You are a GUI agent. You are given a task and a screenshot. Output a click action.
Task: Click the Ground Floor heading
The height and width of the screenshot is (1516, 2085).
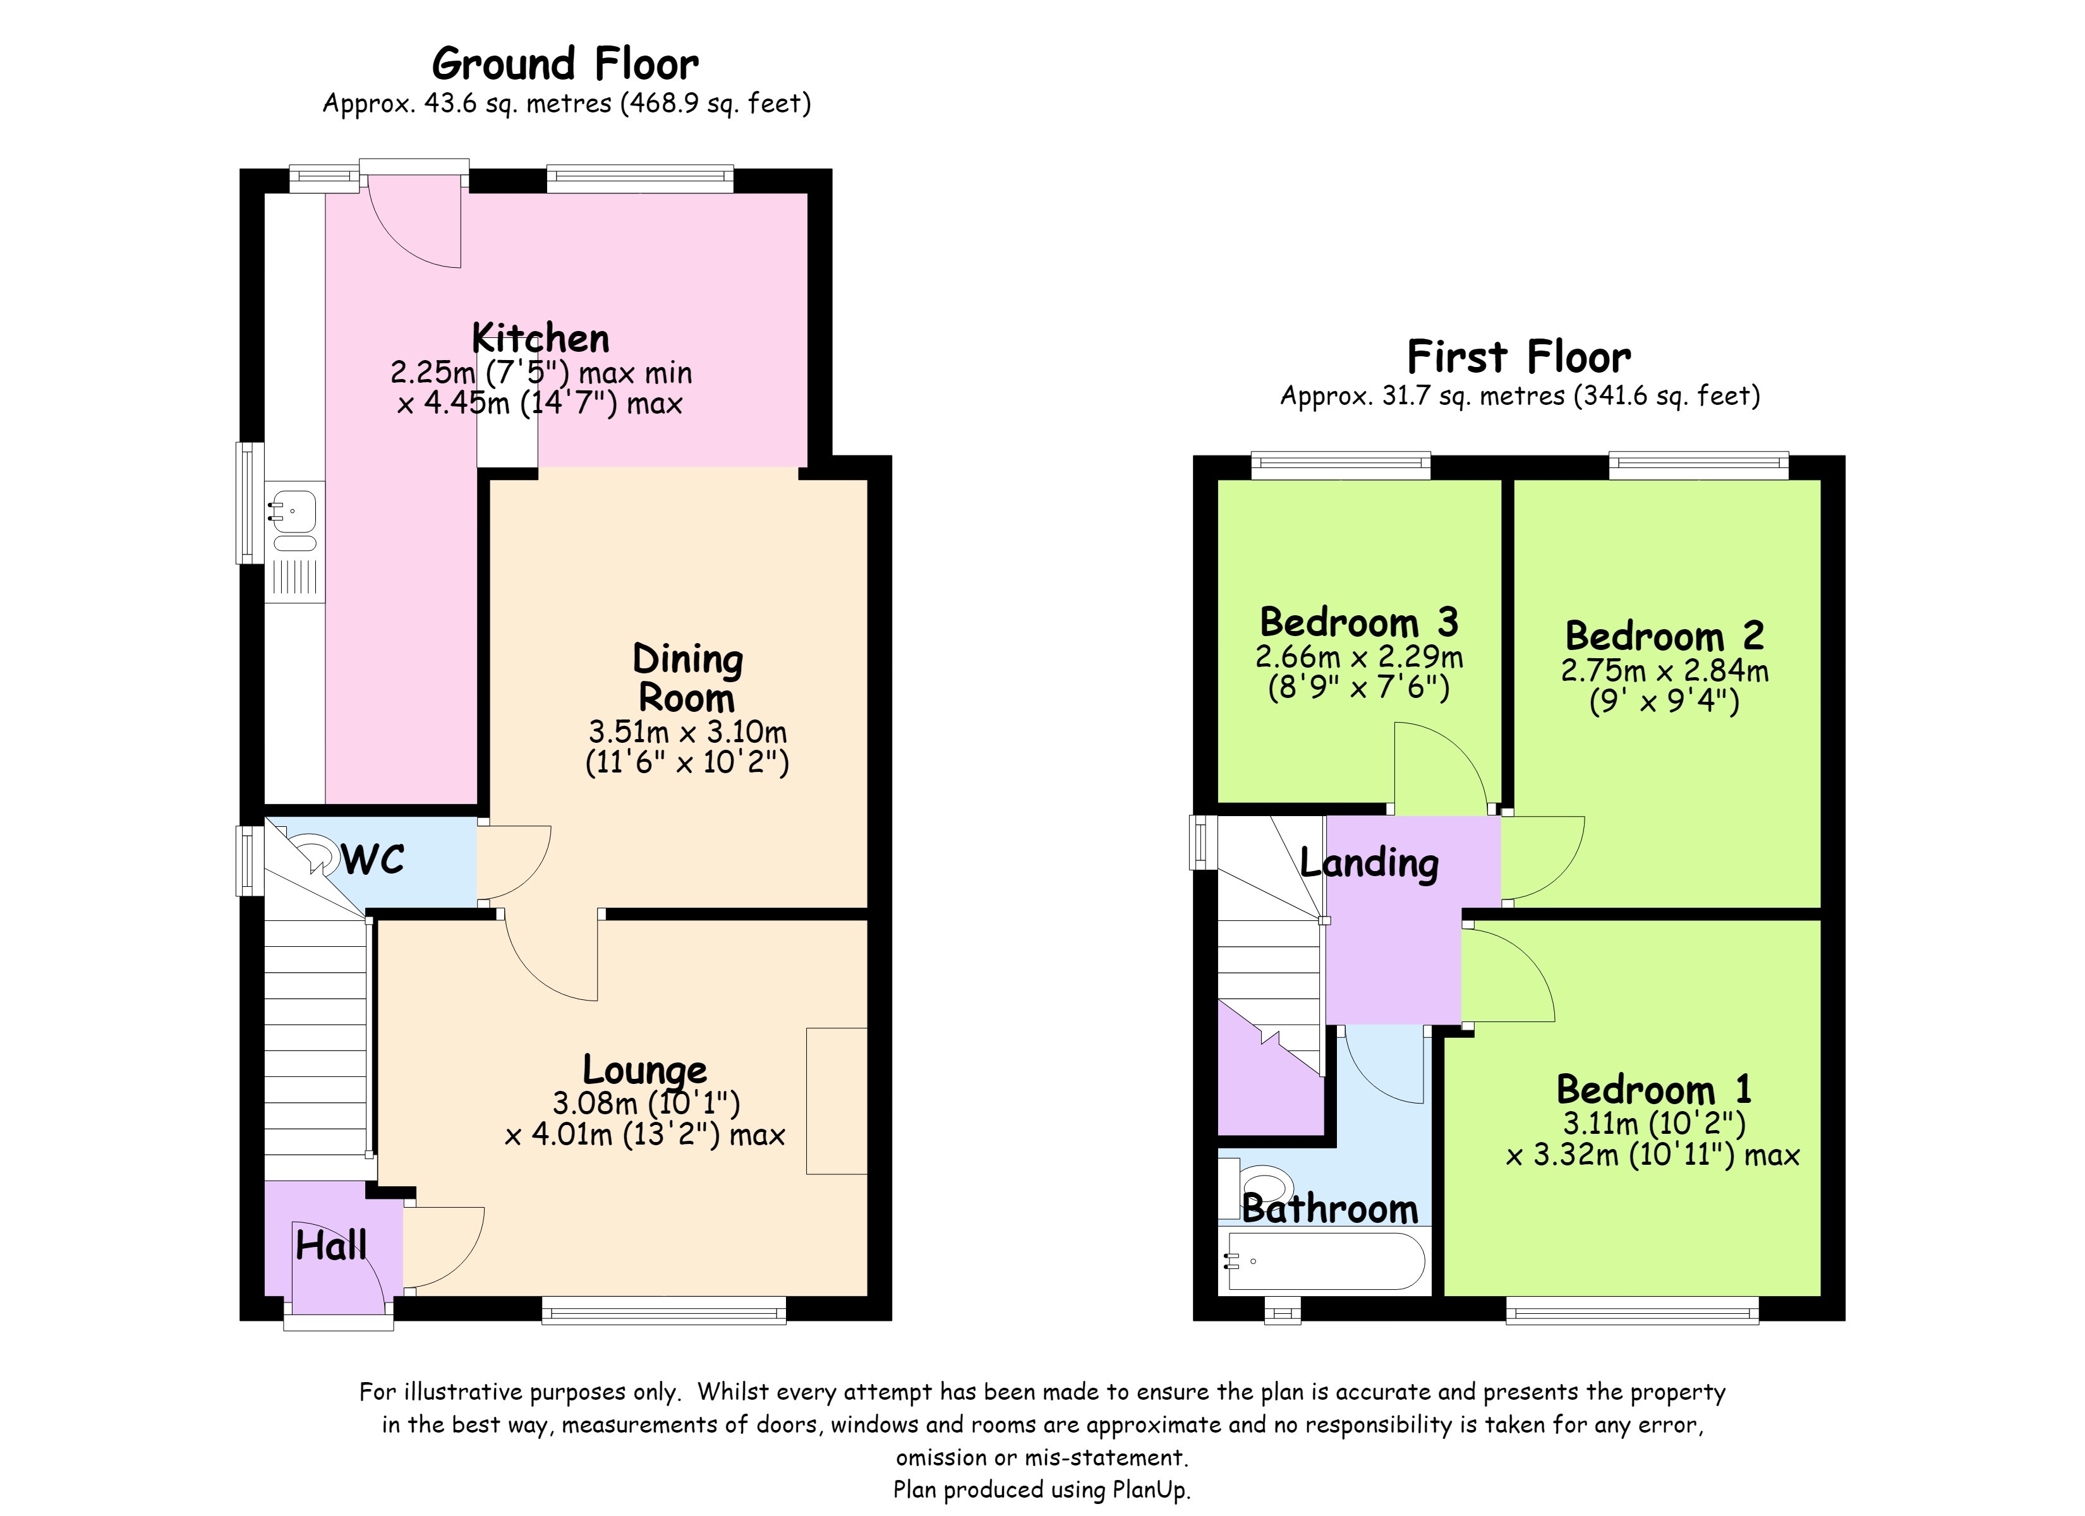coord(565,64)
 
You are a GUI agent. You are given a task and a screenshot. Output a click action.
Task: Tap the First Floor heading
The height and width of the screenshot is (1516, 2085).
coord(1519,357)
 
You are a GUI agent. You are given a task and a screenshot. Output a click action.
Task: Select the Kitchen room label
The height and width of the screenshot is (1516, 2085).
coord(541,339)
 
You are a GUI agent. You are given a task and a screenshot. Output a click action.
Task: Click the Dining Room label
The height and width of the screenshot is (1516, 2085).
coord(687,678)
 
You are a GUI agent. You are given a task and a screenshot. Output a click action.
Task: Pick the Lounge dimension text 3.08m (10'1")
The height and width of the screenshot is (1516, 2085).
coord(646,1102)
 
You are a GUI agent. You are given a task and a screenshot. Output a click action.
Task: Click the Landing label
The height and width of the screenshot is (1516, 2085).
coord(1370,863)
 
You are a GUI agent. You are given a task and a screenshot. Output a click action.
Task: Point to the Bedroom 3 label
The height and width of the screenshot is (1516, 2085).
coord(1359,622)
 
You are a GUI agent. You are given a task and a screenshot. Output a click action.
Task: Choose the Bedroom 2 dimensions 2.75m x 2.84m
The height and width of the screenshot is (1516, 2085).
coord(1665,671)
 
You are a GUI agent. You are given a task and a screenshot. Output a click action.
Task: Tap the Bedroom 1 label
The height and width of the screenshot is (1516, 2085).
coord(1654,1090)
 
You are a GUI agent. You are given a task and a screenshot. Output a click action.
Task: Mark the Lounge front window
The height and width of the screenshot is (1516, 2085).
coord(664,1309)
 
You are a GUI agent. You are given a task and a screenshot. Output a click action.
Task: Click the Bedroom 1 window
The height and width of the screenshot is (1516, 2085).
coord(1632,1309)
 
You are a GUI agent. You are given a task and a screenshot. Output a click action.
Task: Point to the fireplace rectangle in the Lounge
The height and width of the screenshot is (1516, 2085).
coord(837,1100)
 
